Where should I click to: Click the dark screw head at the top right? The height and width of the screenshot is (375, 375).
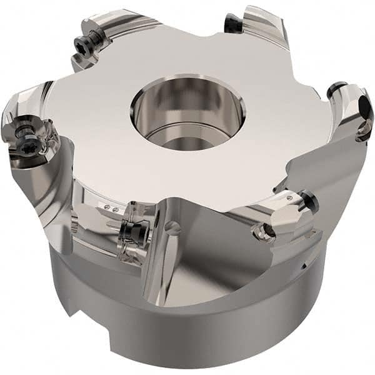(x=232, y=24)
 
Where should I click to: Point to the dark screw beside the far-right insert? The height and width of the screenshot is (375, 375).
(x=337, y=90)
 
